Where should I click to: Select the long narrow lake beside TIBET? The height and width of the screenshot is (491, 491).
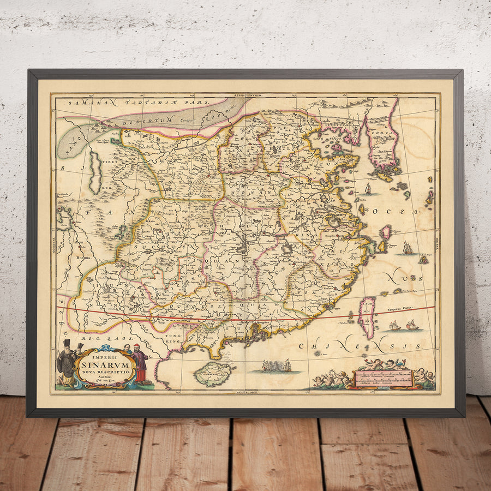(95, 173)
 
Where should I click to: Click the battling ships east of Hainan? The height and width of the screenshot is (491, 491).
(275, 366)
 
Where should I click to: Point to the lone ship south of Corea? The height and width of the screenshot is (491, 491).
(368, 189)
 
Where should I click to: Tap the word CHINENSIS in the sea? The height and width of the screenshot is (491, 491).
(360, 346)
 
